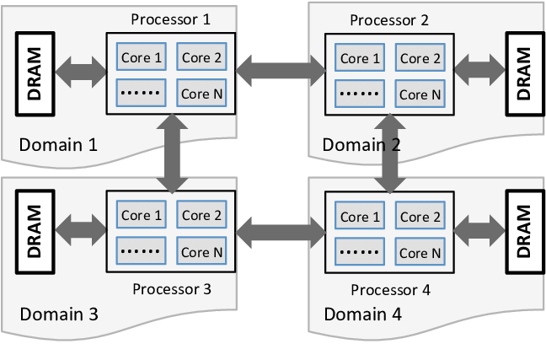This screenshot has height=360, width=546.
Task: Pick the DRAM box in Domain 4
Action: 522,228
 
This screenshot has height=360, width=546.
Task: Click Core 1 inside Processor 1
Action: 142,58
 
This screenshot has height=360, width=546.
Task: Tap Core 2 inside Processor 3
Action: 201,216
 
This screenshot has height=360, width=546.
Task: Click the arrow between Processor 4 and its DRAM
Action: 479,228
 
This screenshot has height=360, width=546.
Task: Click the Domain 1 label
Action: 58,144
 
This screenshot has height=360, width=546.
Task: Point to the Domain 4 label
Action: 362,315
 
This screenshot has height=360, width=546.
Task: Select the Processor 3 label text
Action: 172,289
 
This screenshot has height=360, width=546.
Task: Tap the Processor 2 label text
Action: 389,20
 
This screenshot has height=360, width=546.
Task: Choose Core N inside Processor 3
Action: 201,251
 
